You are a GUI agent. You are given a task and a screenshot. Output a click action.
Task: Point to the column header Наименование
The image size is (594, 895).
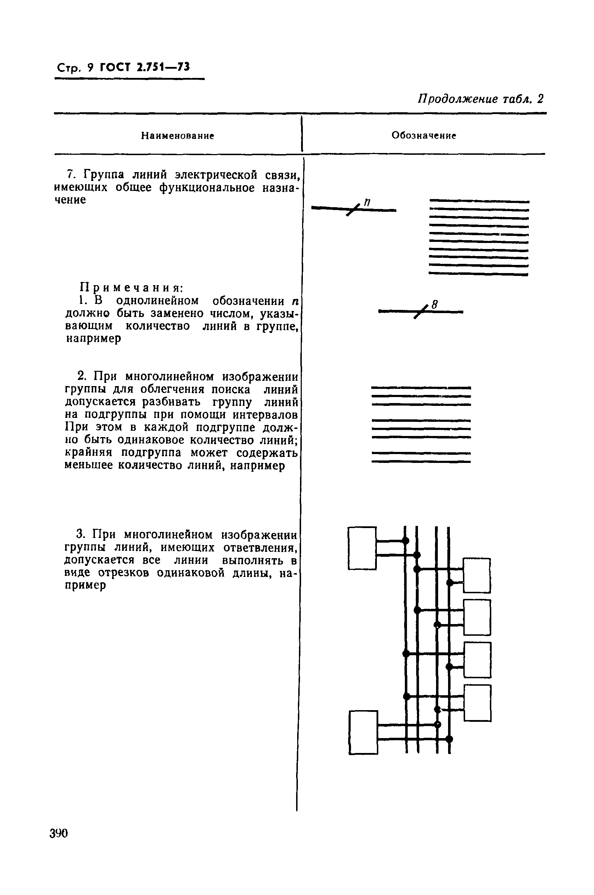[x=178, y=136]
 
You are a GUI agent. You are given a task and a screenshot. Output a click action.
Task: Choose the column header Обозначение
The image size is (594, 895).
[x=424, y=135]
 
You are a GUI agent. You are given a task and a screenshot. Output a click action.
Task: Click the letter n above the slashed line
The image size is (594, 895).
[x=367, y=203]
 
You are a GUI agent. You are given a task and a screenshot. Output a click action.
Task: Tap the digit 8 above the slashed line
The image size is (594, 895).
[x=435, y=304]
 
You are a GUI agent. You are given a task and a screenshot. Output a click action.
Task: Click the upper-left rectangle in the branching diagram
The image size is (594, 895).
[x=362, y=548]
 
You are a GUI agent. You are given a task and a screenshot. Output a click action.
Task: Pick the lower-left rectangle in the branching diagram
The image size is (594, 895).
[x=363, y=732]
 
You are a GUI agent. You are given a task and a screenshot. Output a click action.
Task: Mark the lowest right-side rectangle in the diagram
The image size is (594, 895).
[x=477, y=703]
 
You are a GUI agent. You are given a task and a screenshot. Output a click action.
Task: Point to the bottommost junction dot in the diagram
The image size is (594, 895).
[x=449, y=738]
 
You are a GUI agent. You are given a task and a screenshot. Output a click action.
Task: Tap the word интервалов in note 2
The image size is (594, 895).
[x=265, y=415]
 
